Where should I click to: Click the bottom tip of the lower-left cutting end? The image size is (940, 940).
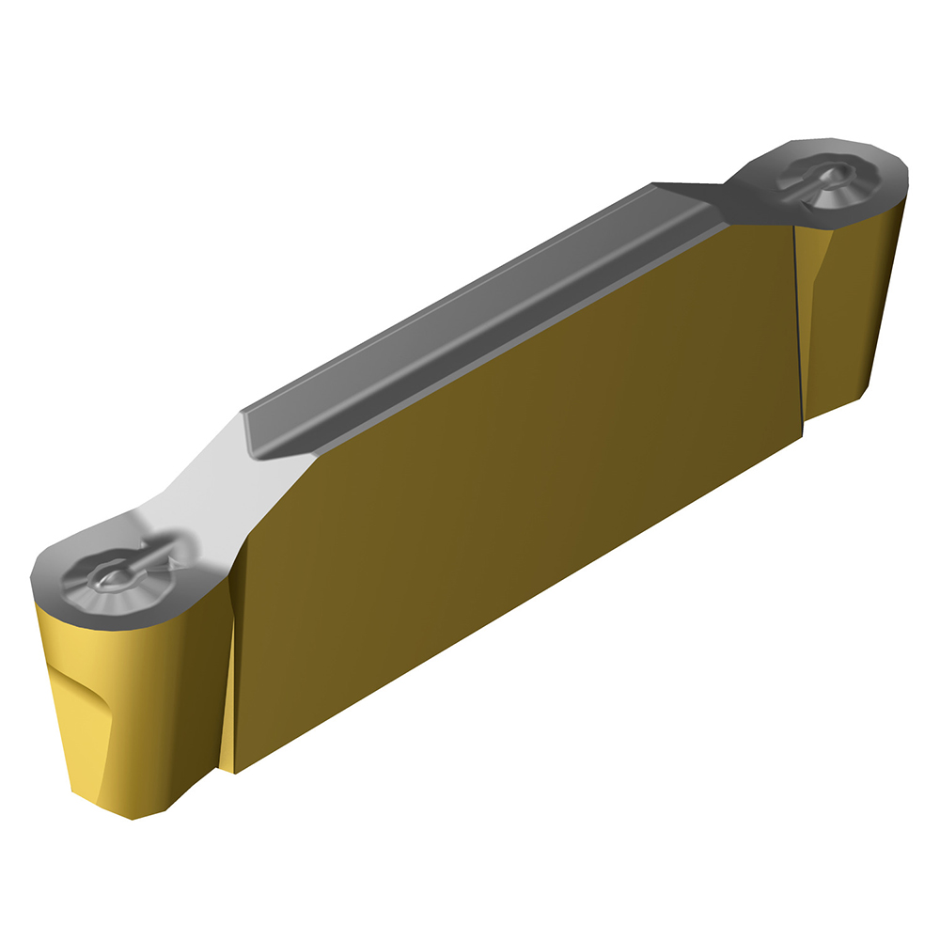(x=132, y=816)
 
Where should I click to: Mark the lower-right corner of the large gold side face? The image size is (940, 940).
(x=802, y=434)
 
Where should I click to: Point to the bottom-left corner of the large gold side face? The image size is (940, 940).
(x=234, y=772)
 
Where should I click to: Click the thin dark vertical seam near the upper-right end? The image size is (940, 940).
(x=796, y=329)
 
